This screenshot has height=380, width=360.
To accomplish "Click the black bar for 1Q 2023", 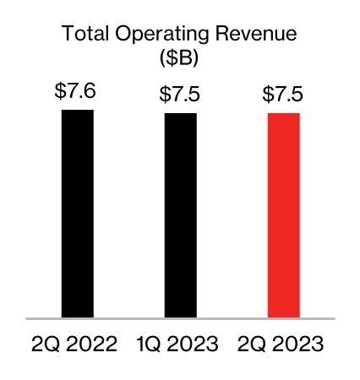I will click(180, 215).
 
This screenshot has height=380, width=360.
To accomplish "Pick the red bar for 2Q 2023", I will click(284, 215).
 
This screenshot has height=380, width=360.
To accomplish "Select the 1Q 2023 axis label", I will click(177, 345).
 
